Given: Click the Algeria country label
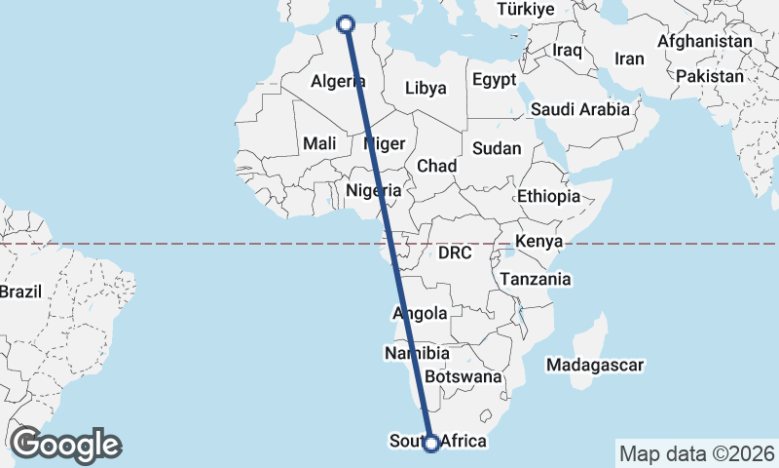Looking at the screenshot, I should (338, 82).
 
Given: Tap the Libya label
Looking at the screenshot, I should (426, 88).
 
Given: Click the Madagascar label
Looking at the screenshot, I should (595, 365).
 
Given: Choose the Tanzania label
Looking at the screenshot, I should (536, 279).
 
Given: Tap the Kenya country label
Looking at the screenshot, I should (540, 241).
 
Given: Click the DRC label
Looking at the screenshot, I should (455, 253).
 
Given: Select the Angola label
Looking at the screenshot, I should (420, 313).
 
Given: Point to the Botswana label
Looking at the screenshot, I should (464, 376).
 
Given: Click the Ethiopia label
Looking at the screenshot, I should (548, 196).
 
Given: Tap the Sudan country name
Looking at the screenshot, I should (497, 149).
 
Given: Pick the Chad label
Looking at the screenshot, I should (437, 167).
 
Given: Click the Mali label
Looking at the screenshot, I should (319, 143).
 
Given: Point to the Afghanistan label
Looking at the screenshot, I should (705, 42).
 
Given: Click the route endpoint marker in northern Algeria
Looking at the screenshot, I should (344, 22).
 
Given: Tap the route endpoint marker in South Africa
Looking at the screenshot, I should (431, 444).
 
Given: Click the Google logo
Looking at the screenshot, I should (65, 445).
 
